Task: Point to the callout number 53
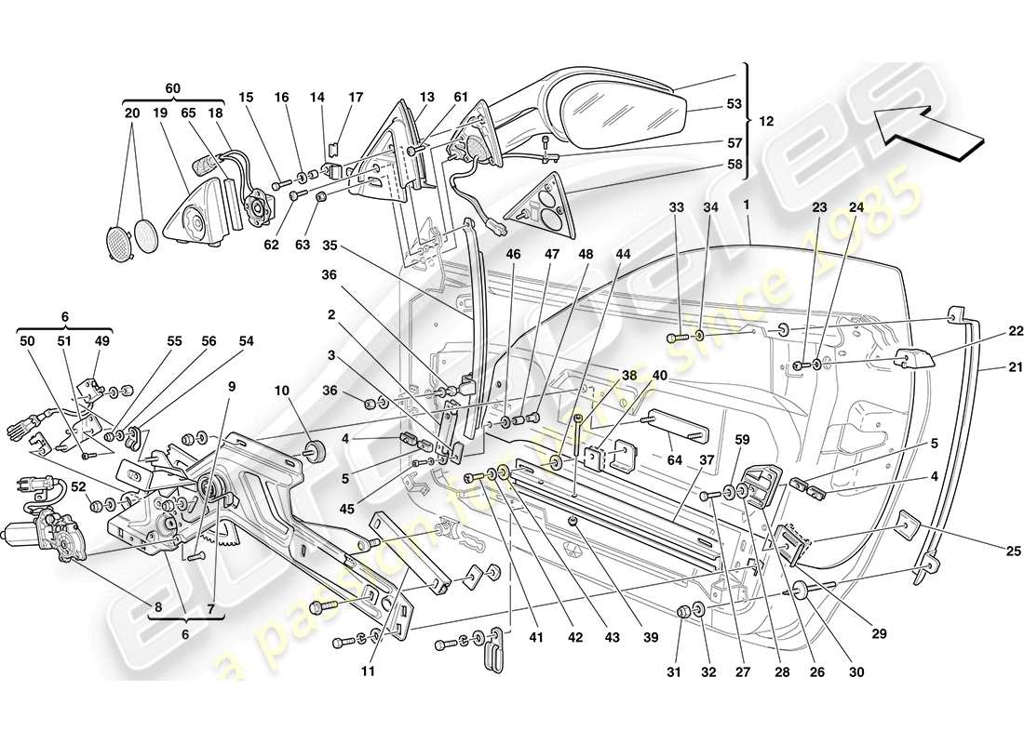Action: tap(734, 105)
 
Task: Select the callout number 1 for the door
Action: tap(746, 203)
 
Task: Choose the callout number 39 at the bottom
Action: tap(650, 637)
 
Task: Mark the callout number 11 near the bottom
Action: tap(369, 670)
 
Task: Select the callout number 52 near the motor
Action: tap(79, 486)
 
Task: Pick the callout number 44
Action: tap(623, 253)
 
